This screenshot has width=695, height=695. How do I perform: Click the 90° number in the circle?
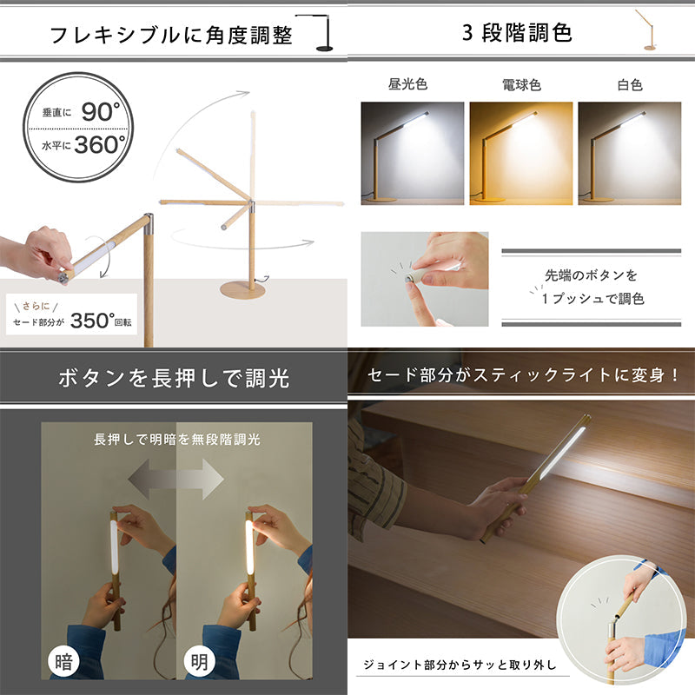tap(101, 111)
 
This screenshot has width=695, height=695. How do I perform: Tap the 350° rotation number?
tap(93, 321)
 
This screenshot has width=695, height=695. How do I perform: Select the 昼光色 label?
tap(407, 83)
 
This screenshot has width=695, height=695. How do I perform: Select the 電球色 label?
tap(521, 84)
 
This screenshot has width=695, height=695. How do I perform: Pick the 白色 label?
tap(630, 84)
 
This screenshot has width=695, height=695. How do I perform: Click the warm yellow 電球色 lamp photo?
tap(520, 154)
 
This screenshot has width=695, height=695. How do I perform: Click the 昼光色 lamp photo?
tap(412, 154)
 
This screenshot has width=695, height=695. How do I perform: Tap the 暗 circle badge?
tap(63, 662)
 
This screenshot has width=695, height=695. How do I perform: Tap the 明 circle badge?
tap(200, 662)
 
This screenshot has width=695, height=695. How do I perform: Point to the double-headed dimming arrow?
tap(176, 479)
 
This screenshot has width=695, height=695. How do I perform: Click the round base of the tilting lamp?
tap(243, 290)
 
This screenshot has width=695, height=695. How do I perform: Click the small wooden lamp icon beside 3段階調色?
tap(646, 30)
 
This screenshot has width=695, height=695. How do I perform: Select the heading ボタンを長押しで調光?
tap(174, 378)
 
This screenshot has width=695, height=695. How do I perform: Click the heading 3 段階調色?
tap(517, 32)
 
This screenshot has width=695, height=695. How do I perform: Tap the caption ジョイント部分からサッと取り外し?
tap(460, 665)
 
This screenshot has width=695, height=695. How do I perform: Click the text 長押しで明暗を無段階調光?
tap(177, 440)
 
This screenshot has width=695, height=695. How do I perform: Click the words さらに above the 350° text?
tap(36, 306)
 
